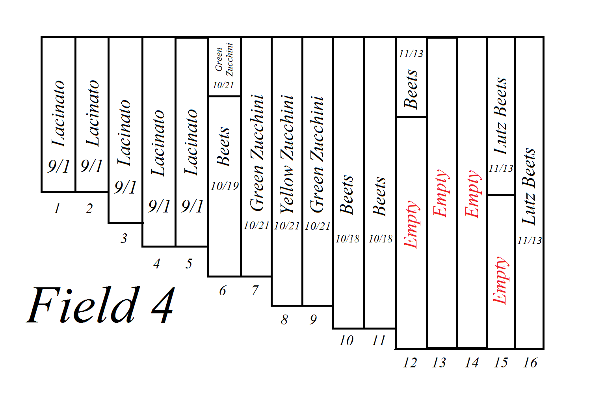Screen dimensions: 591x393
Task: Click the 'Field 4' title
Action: pyautogui.click(x=100, y=305)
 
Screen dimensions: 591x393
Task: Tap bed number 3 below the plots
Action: pyautogui.click(x=124, y=238)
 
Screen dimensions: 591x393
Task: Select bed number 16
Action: pyautogui.click(x=530, y=363)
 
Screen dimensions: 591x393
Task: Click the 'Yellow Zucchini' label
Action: pyautogui.click(x=287, y=155)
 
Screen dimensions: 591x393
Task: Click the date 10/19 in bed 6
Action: pyautogui.click(x=225, y=186)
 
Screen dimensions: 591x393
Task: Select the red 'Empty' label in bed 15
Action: pyautogui.click(x=500, y=280)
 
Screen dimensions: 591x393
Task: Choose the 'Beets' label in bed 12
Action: pyautogui.click(x=411, y=89)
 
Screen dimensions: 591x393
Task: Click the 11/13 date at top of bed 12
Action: pyautogui.click(x=411, y=54)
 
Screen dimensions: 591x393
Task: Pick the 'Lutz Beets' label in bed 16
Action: pyautogui.click(x=529, y=186)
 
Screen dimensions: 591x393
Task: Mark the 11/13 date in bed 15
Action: pyautogui.click(x=501, y=169)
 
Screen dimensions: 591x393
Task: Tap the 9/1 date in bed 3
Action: pyautogui.click(x=125, y=188)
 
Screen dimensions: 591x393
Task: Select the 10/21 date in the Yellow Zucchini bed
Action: pyautogui.click(x=287, y=226)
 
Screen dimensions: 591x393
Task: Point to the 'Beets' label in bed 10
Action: pyautogui.click(x=347, y=195)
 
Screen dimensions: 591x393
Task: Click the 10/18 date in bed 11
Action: pyautogui.click(x=380, y=239)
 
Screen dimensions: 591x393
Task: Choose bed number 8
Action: pyautogui.click(x=284, y=320)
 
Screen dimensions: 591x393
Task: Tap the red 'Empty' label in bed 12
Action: pyautogui.click(x=411, y=224)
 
